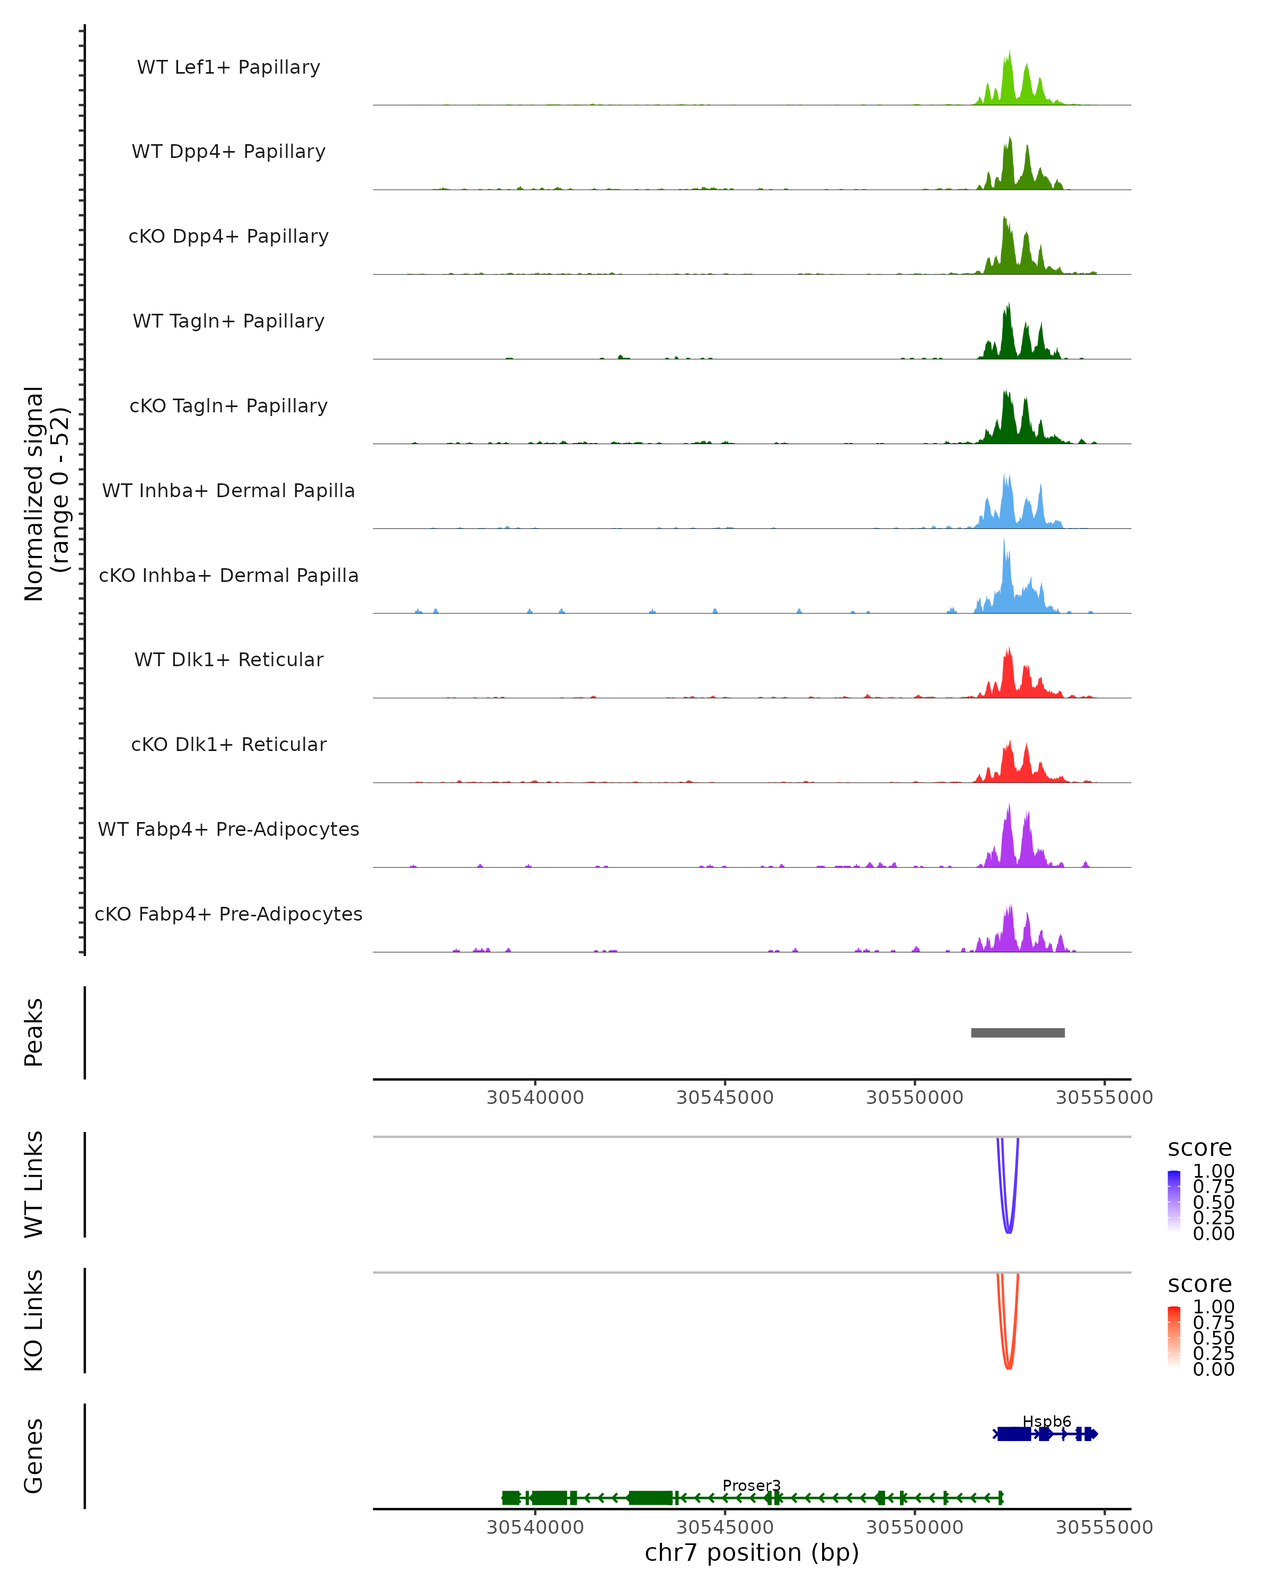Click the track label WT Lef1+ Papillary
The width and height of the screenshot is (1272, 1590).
[228, 67]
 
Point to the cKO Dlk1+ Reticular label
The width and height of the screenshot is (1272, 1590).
[228, 744]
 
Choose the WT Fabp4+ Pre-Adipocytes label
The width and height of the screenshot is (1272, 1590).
[228, 829]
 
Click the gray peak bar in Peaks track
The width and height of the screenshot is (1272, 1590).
[1018, 1032]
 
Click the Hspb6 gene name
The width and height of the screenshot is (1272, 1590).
[1046, 1421]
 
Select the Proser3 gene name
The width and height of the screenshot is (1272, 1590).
[752, 1485]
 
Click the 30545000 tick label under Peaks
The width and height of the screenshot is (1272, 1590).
[725, 1098]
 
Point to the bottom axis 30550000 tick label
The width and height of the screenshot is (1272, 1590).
[914, 1527]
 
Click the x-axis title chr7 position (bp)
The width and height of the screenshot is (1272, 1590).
[752, 1553]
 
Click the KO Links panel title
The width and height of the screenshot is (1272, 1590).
[34, 1320]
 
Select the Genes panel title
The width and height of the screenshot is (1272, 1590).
[34, 1456]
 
